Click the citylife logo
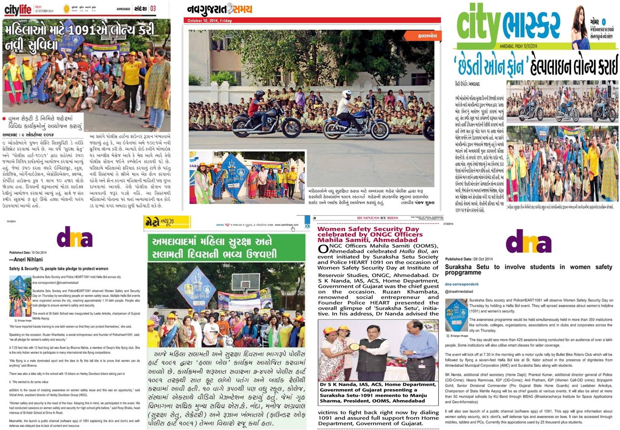pos(18,10)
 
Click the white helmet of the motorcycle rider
pos(347,94)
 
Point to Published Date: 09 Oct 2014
pos(469,259)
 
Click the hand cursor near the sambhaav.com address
pos(293,229)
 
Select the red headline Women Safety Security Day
pos(368,229)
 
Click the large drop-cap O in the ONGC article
pos(323,249)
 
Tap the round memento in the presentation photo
pos(354,347)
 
